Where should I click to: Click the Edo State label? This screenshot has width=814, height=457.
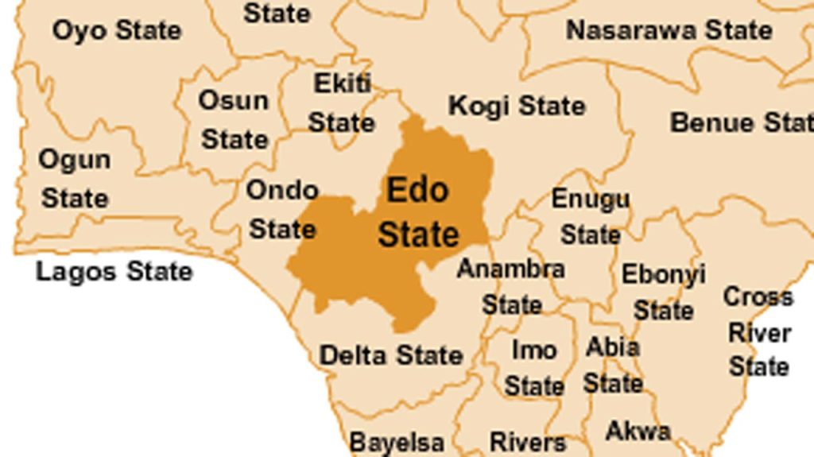418,212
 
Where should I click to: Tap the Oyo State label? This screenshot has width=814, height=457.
117,31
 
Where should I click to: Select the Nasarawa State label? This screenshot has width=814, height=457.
669,31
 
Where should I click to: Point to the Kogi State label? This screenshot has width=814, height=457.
517,106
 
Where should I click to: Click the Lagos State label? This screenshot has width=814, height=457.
114,272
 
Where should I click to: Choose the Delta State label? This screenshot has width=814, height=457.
390,355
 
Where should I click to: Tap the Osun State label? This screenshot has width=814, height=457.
234,120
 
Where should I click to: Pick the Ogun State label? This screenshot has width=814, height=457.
74,179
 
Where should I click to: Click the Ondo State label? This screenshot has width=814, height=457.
282,210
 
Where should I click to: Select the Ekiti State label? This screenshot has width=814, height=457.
342,103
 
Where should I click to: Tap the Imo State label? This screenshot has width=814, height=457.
534,368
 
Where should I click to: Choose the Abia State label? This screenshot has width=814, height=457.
613,365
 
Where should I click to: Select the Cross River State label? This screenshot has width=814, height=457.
758,332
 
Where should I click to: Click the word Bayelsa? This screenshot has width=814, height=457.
397,442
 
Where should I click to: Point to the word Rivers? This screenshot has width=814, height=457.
528,442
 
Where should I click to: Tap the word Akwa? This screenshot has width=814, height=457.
638,432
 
